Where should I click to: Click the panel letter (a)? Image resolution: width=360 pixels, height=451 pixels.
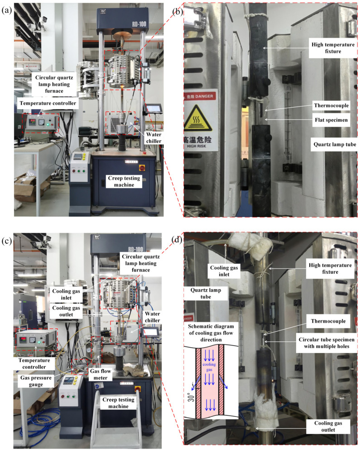(7, 10)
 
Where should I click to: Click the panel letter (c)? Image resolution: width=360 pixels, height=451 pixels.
(7, 241)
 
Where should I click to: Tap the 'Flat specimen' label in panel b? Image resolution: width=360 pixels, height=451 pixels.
(331, 120)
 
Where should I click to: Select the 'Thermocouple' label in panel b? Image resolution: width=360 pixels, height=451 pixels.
(331, 106)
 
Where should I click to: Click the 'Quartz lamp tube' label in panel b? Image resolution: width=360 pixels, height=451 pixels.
(335, 144)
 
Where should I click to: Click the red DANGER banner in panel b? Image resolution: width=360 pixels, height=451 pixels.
(199, 97)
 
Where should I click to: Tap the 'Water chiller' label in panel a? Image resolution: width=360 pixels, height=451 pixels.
(154, 138)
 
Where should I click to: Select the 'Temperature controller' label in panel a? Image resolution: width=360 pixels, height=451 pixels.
(48, 103)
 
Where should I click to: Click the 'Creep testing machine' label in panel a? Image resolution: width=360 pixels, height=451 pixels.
(124, 181)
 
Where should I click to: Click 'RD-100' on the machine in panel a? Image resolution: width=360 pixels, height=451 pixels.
(139, 24)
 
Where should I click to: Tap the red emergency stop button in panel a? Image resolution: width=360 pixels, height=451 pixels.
(142, 168)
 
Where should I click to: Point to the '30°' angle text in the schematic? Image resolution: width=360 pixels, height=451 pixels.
(192, 397)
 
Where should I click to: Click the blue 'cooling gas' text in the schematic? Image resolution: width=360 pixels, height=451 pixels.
(209, 367)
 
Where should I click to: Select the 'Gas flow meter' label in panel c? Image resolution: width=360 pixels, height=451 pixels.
(101, 374)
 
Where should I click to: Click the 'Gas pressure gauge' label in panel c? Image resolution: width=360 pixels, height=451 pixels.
(36, 381)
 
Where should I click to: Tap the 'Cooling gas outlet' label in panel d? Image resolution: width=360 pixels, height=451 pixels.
(328, 426)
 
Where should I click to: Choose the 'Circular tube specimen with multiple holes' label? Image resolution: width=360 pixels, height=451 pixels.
(326, 343)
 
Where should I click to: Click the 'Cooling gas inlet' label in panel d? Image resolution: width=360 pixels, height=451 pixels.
(224, 271)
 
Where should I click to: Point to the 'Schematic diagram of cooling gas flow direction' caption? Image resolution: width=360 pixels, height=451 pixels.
(211, 333)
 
